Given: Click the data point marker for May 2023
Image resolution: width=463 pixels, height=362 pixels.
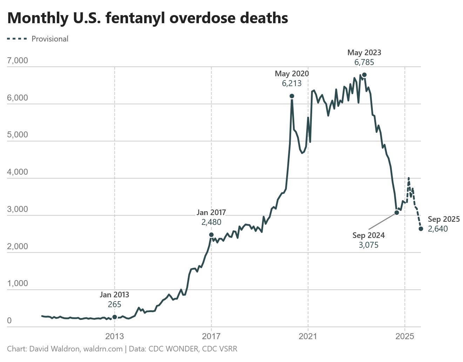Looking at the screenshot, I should [364, 75].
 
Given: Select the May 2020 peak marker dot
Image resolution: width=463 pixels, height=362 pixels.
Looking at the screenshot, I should [292, 96].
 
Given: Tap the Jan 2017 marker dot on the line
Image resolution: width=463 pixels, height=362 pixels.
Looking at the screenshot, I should [211, 235].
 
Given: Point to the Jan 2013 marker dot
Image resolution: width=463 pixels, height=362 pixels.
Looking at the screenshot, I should [115, 317].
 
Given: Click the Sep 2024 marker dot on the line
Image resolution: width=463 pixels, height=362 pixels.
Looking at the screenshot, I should [397, 213].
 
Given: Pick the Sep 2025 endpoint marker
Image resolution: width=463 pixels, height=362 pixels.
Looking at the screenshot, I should [421, 229].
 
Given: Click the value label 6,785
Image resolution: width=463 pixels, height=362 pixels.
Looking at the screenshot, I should [364, 63].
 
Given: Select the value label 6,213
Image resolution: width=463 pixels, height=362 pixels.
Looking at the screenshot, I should [291, 83].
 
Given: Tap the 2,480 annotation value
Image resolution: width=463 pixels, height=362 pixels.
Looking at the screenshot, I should [211, 222].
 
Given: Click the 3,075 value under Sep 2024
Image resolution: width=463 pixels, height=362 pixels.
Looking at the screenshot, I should [368, 245].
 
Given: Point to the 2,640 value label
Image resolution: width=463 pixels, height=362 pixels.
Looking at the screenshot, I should [438, 229].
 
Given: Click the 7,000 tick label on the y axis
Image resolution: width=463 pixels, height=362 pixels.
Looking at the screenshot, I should [18, 60].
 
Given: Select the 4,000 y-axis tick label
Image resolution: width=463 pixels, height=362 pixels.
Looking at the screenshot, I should [18, 172].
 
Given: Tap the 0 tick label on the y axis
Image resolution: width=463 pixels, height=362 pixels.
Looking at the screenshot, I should [9, 321].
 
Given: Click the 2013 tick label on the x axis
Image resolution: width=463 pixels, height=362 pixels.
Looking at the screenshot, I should [115, 336].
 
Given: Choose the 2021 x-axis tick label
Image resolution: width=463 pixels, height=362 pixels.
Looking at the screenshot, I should [308, 336].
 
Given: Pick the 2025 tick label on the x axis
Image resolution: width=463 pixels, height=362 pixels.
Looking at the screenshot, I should [405, 336].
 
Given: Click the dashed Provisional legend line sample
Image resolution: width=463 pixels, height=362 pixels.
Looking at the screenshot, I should [17, 39].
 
